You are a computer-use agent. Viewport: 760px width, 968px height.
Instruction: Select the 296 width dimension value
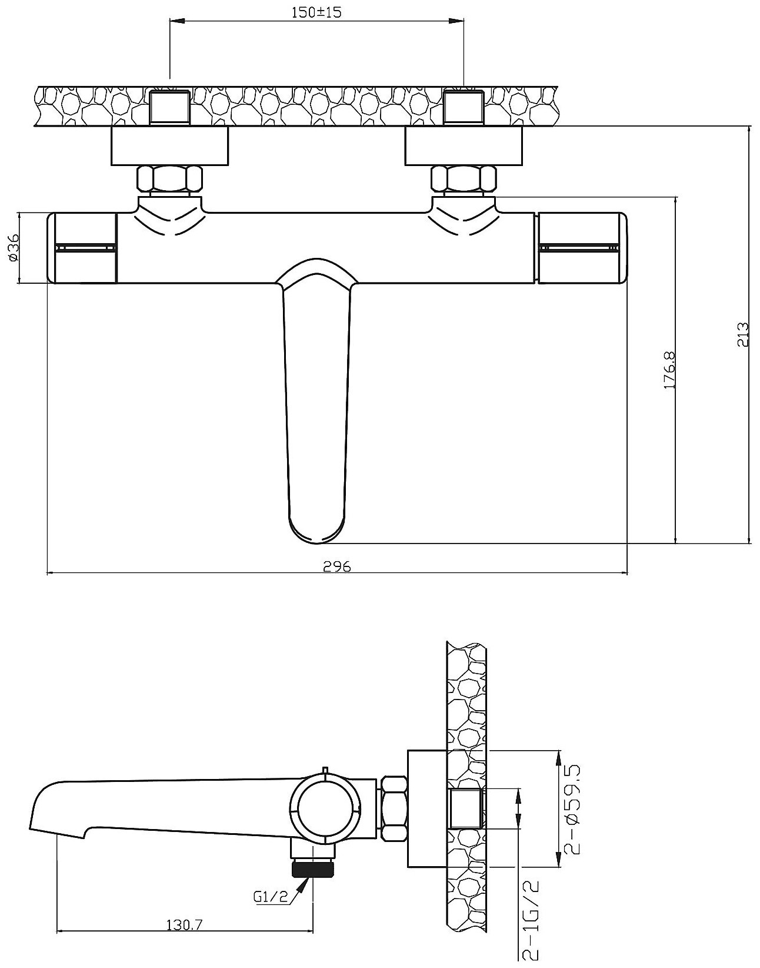pos(338,566)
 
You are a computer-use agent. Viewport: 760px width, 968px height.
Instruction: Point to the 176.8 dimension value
pos(669,370)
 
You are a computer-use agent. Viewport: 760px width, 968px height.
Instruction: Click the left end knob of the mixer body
pos(82,248)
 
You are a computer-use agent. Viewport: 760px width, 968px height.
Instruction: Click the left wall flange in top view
pos(169,147)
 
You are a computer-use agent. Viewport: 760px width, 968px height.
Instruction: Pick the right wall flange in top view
pos(464,147)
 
